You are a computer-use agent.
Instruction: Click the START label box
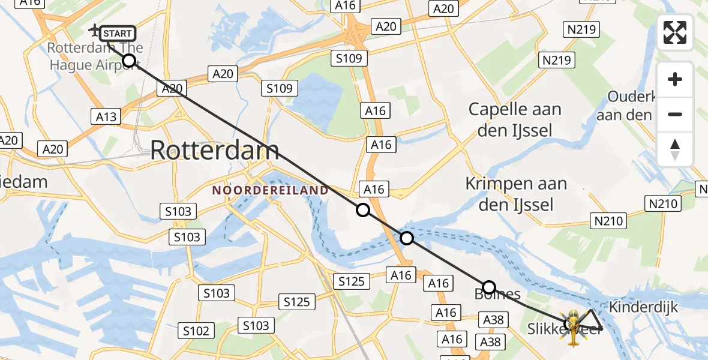[x=117, y=34]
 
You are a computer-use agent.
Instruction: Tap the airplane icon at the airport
[x=95, y=30]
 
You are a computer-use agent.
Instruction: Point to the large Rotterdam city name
[x=214, y=150]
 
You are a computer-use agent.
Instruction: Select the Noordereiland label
[x=271, y=190]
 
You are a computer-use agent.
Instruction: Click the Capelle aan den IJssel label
[x=515, y=119]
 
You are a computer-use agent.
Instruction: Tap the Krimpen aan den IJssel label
[x=516, y=194]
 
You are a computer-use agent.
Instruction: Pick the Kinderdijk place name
[x=643, y=307]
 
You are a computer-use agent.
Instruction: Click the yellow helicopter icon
[x=573, y=328]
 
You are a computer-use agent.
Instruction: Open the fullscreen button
[x=675, y=32]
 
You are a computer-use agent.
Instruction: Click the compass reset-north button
[x=675, y=149]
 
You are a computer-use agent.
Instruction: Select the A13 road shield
[x=106, y=116]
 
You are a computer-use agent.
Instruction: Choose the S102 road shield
[x=196, y=331]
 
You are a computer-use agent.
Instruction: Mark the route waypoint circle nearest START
[x=129, y=60]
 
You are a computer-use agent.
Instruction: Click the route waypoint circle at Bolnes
[x=489, y=287]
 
